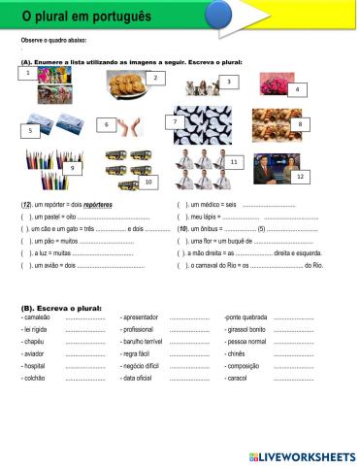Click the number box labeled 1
click(29, 73)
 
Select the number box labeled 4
click(295, 89)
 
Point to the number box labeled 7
click(175, 121)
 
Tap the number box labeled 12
click(300, 176)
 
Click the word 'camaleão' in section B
click(38, 316)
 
